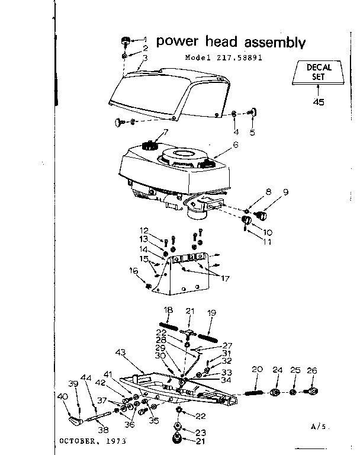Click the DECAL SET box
tap(319, 73)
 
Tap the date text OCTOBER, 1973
tap(92, 441)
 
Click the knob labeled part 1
tap(126, 41)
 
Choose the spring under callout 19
tap(208, 336)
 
